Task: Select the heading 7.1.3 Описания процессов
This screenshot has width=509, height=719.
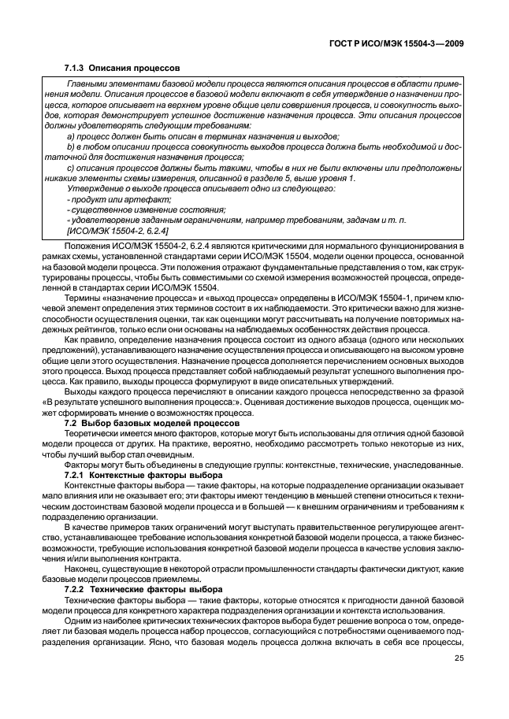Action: [x=122, y=69]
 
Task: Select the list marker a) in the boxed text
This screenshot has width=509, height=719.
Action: [x=72, y=136]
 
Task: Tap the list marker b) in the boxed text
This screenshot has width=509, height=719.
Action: [x=72, y=146]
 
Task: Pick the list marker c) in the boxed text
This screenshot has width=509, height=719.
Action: [x=72, y=168]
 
